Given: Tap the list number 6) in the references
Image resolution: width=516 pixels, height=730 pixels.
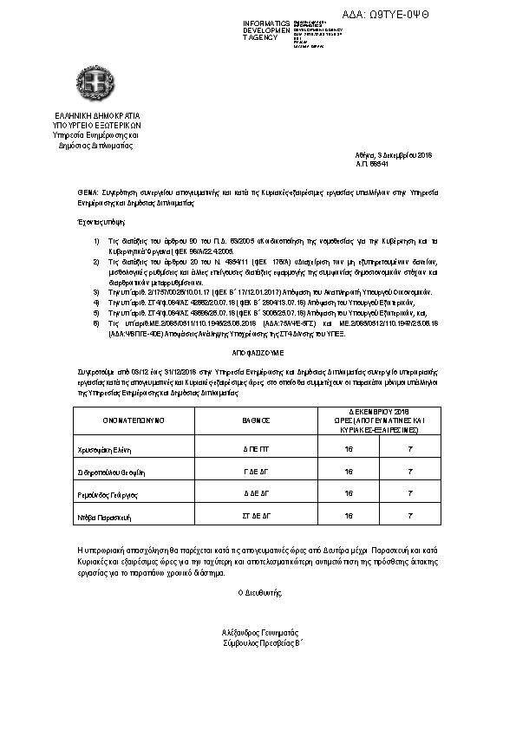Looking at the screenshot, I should click(x=97, y=322).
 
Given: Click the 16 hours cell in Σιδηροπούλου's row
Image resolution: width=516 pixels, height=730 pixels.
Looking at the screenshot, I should click(x=349, y=473).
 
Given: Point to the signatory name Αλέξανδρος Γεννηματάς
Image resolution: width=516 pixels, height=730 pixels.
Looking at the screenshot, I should click(x=259, y=633).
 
